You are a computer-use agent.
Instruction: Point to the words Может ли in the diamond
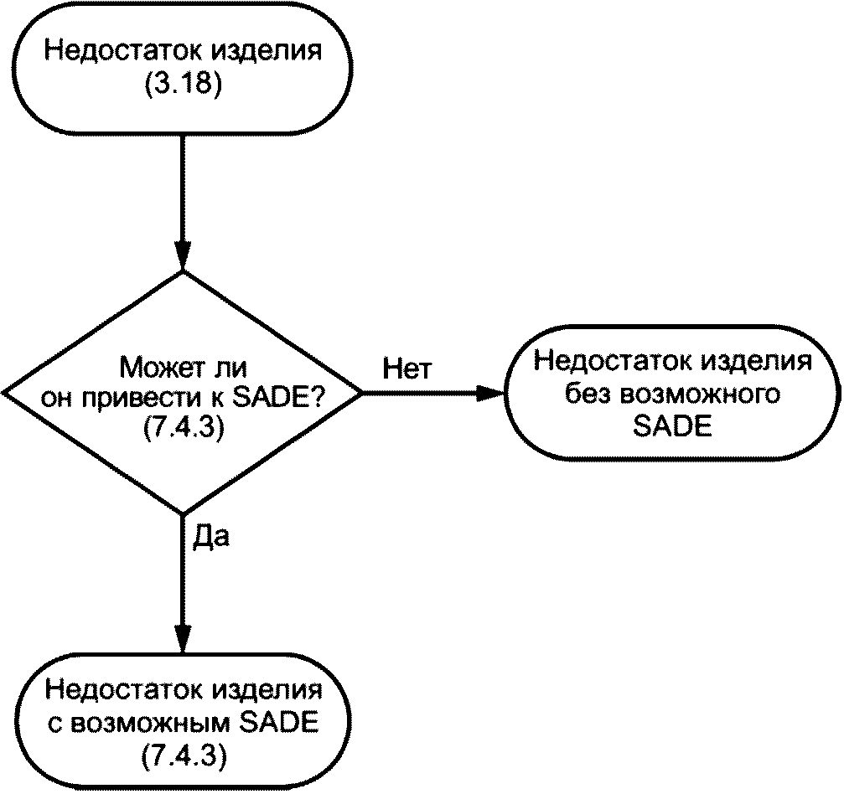(185, 368)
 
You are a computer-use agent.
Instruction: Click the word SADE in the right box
(671, 426)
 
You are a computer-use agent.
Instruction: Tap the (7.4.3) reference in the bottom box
(183, 755)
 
